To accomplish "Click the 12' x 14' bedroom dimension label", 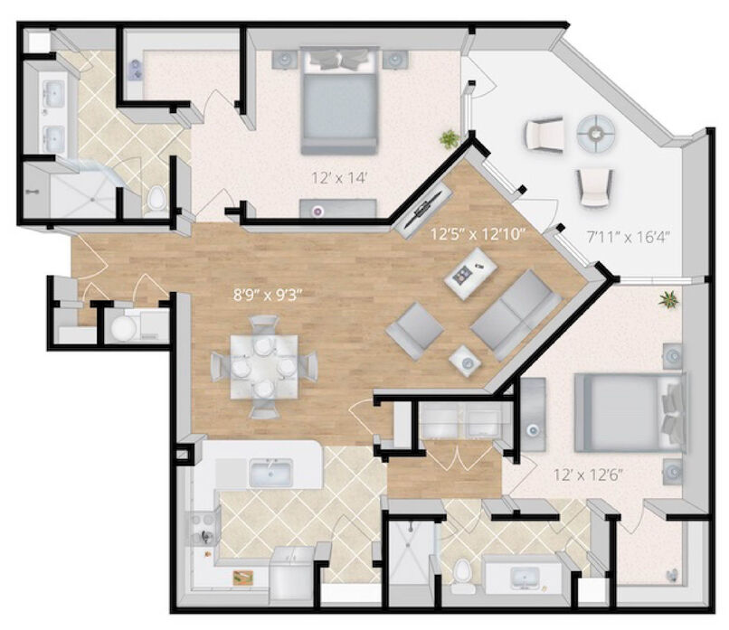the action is coord(340,177).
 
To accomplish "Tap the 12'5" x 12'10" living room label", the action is coord(478,234).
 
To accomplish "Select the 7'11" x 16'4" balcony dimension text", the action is coord(627,238).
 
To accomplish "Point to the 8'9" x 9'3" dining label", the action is coord(268,295).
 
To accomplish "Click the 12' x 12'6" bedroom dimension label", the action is coord(588,475).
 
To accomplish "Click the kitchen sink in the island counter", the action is coord(270,472).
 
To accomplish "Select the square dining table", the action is coord(264,367).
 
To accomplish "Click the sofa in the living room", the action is coord(516,315).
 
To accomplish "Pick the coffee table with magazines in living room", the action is coord(470,274).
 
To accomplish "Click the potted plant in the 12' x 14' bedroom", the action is coord(449,139).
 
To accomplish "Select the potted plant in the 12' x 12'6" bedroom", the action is coord(668,299).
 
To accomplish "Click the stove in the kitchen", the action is coord(204,528).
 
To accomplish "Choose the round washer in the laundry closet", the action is coord(124,327).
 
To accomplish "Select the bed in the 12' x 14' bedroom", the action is coord(339,100).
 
